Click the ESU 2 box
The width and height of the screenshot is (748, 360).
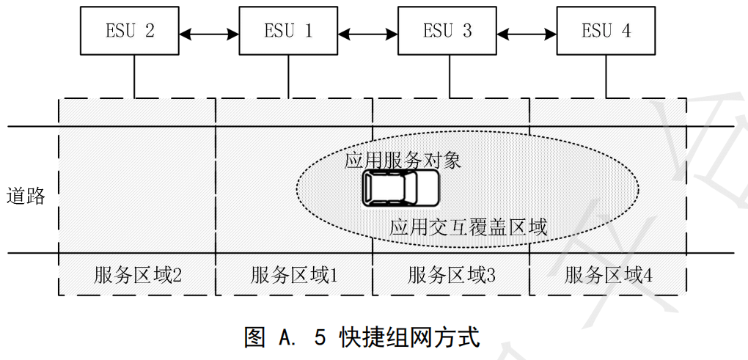click(129, 31)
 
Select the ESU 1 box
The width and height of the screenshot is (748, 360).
click(288, 31)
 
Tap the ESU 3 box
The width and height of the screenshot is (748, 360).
click(447, 31)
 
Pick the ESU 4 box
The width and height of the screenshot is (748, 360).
click(606, 31)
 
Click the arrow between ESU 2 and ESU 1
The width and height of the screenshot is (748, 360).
click(209, 32)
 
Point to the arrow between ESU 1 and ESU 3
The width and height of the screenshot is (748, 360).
click(368, 32)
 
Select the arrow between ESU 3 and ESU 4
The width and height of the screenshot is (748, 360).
click(527, 32)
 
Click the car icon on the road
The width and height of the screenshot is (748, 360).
click(400, 188)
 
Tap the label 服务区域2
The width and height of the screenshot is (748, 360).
click(137, 275)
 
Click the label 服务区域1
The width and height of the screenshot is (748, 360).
click(294, 275)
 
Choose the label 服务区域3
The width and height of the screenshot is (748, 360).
click(452, 275)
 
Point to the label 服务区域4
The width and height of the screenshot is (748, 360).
click(609, 275)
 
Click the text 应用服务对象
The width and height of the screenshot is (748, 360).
click(403, 161)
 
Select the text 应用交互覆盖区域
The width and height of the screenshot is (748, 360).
click(469, 227)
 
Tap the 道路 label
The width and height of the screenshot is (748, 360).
click(26, 196)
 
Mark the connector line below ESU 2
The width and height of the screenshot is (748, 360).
click(134, 76)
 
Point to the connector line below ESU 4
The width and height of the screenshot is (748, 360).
click(606, 76)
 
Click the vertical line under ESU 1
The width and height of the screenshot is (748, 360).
click(288, 76)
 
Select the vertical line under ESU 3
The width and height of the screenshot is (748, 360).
click(447, 76)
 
